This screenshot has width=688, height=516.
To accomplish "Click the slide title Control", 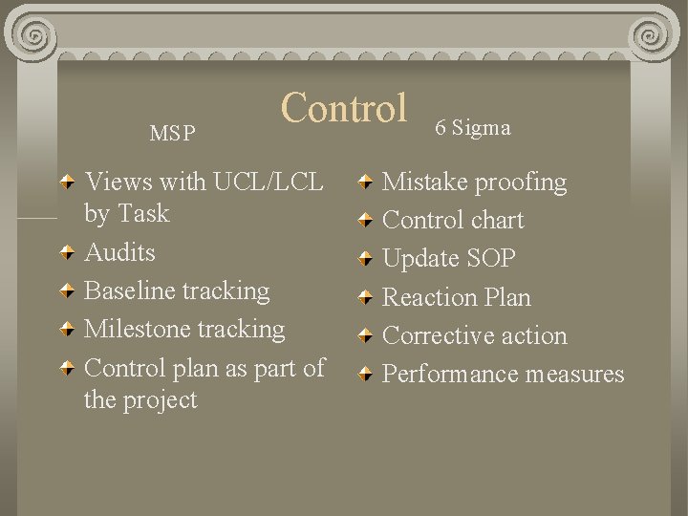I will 344,108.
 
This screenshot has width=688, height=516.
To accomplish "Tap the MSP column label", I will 172,134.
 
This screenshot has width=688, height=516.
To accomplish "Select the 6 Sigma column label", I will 473,127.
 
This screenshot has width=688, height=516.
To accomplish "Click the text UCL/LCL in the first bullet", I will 269,182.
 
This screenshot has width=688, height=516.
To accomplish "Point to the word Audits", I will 119,252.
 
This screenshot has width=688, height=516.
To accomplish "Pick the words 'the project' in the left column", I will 140,399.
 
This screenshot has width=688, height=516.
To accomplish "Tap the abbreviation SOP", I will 492,259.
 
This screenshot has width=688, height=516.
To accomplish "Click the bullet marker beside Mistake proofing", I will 365,183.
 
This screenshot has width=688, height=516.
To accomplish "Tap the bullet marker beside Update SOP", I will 365,260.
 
